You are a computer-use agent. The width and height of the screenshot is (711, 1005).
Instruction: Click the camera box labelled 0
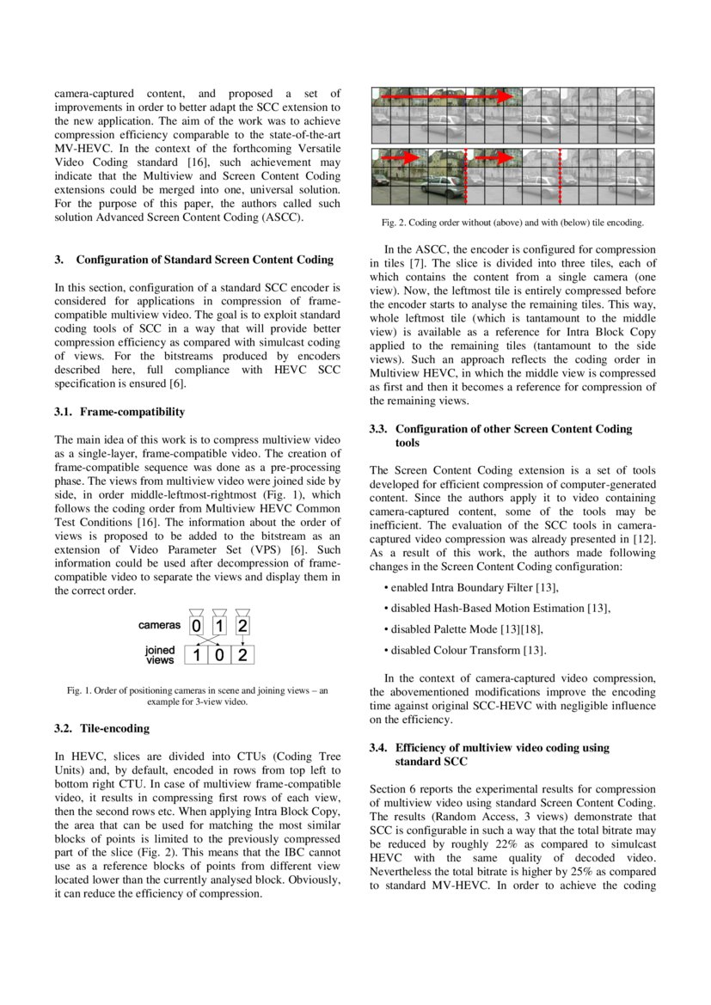(197, 626)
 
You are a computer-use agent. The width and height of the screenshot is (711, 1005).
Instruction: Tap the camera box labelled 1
(219, 626)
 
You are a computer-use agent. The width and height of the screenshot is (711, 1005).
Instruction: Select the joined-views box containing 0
(220, 655)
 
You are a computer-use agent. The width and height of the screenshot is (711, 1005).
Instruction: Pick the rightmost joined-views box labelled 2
(243, 655)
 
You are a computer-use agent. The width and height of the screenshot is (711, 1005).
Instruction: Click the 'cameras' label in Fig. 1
(160, 626)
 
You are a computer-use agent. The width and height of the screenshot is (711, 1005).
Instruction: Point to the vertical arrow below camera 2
(243, 640)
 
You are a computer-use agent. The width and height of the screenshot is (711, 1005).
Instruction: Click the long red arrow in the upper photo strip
(447, 98)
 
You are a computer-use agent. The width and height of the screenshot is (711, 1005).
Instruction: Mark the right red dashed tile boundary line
(560, 176)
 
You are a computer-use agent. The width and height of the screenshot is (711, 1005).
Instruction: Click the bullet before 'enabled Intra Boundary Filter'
(386, 588)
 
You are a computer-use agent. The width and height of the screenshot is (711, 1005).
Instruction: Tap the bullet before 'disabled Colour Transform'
(386, 650)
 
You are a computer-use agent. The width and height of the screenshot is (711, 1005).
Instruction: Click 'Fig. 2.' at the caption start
(395, 223)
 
